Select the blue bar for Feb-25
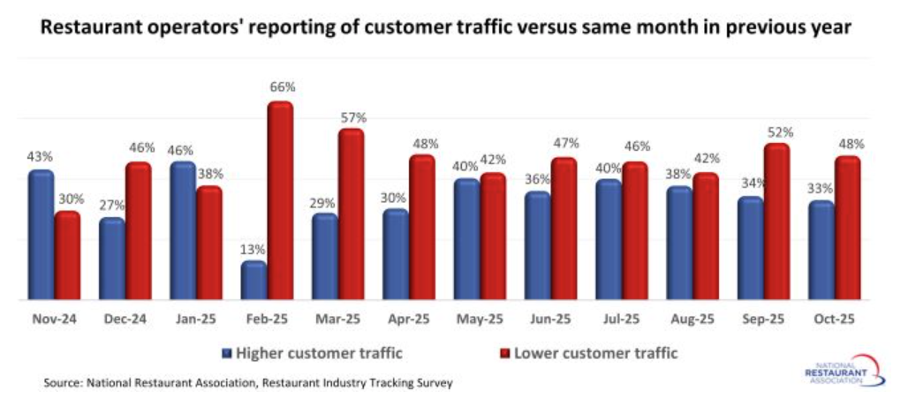click(x=253, y=281)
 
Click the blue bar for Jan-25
click(x=183, y=231)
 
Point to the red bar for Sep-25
click(x=776, y=222)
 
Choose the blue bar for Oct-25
click(x=821, y=251)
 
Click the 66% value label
click(x=283, y=87)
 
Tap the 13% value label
click(x=254, y=249)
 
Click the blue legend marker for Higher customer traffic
click(x=226, y=354)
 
